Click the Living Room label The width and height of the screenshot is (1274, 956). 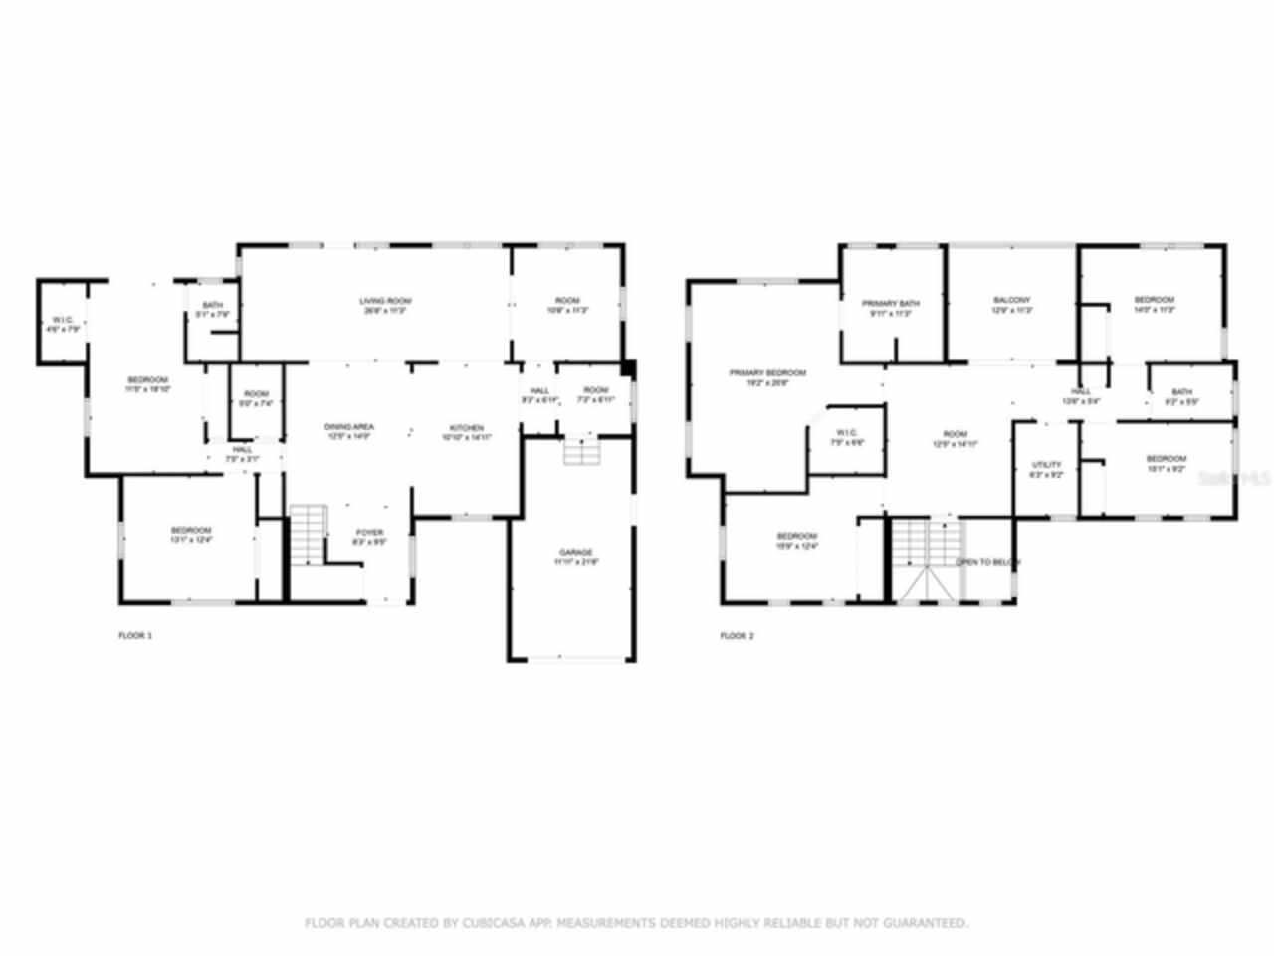385,301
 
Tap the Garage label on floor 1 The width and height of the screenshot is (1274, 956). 575,552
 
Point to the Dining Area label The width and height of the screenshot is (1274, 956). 348,427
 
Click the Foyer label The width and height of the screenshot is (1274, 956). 369,533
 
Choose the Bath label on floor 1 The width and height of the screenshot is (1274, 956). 212,306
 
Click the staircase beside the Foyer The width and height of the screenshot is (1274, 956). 309,534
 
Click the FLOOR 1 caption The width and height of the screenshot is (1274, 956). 135,635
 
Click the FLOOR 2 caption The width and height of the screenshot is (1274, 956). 737,635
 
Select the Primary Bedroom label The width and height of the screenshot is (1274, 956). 767,373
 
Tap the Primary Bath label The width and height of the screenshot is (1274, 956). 891,304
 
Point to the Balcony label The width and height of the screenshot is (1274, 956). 1011,300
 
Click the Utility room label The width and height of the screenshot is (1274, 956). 1046,465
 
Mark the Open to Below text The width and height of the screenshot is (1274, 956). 987,563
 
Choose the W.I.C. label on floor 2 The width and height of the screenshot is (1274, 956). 847,433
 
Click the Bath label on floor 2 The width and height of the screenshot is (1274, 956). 1181,392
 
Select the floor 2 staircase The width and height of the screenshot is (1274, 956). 926,560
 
